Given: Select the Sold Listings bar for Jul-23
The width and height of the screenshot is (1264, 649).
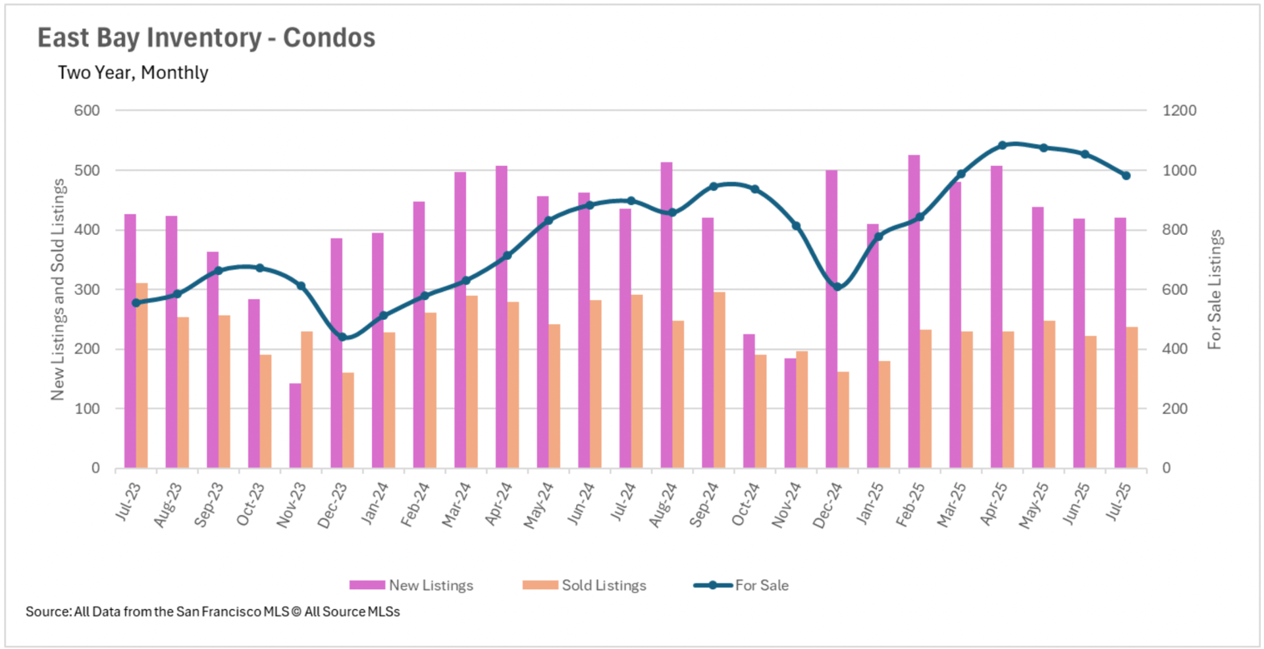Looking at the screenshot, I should tap(142, 375).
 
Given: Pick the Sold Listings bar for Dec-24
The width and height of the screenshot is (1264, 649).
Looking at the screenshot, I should tap(843, 420).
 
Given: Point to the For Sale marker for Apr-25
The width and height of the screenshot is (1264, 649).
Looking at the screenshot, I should tap(1002, 145).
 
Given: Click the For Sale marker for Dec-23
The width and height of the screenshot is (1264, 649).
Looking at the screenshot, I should tap(342, 337).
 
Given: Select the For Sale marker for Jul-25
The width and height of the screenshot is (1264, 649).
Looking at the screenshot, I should tap(1126, 176).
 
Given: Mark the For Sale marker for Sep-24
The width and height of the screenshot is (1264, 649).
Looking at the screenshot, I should tap(714, 186).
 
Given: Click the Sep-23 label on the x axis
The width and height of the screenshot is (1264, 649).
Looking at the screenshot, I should tap(209, 505).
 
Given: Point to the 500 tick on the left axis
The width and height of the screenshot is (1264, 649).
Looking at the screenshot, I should tap(87, 170).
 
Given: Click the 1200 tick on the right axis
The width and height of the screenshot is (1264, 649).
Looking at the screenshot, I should tap(1179, 111).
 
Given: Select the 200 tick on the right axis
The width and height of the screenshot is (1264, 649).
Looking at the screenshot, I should tap(1174, 409).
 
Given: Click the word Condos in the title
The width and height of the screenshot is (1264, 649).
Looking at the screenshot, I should tap(329, 38).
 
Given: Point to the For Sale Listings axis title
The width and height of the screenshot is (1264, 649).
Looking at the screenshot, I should tap(1215, 290).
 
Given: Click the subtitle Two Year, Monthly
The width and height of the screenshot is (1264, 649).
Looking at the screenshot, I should tap(133, 72).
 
